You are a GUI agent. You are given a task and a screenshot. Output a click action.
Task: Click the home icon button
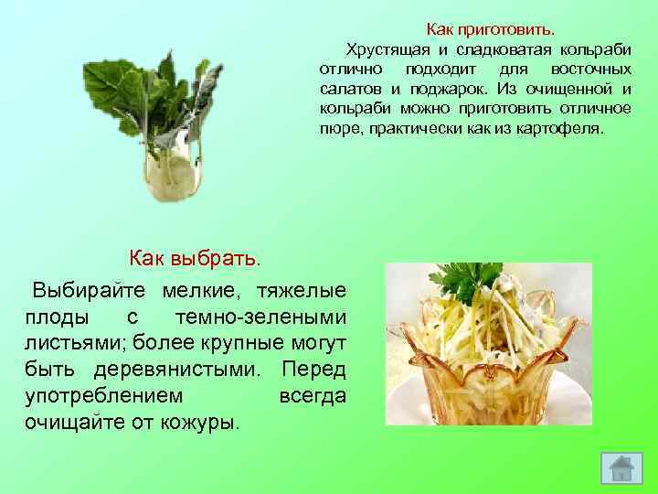pyautogui.click(x=621, y=468)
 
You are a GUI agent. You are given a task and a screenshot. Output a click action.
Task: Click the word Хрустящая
pyautogui.click(x=384, y=48)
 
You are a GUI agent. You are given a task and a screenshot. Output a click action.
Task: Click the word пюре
pyautogui.click(x=338, y=129)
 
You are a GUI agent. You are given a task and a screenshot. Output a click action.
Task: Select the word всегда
pyautogui.click(x=310, y=396)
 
